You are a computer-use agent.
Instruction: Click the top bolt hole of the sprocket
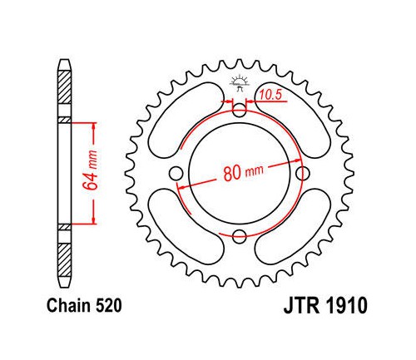click(x=239, y=111)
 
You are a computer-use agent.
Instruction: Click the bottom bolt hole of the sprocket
click(x=239, y=236)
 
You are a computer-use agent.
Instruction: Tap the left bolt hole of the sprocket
click(x=176, y=174)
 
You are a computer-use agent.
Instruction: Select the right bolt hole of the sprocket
click(x=303, y=174)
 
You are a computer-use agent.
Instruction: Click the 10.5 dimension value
click(x=270, y=95)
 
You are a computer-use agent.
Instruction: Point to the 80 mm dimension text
click(x=243, y=172)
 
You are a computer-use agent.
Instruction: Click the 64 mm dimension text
click(x=91, y=170)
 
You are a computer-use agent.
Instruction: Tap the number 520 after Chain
click(x=108, y=306)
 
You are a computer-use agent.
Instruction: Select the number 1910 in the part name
click(x=345, y=306)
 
